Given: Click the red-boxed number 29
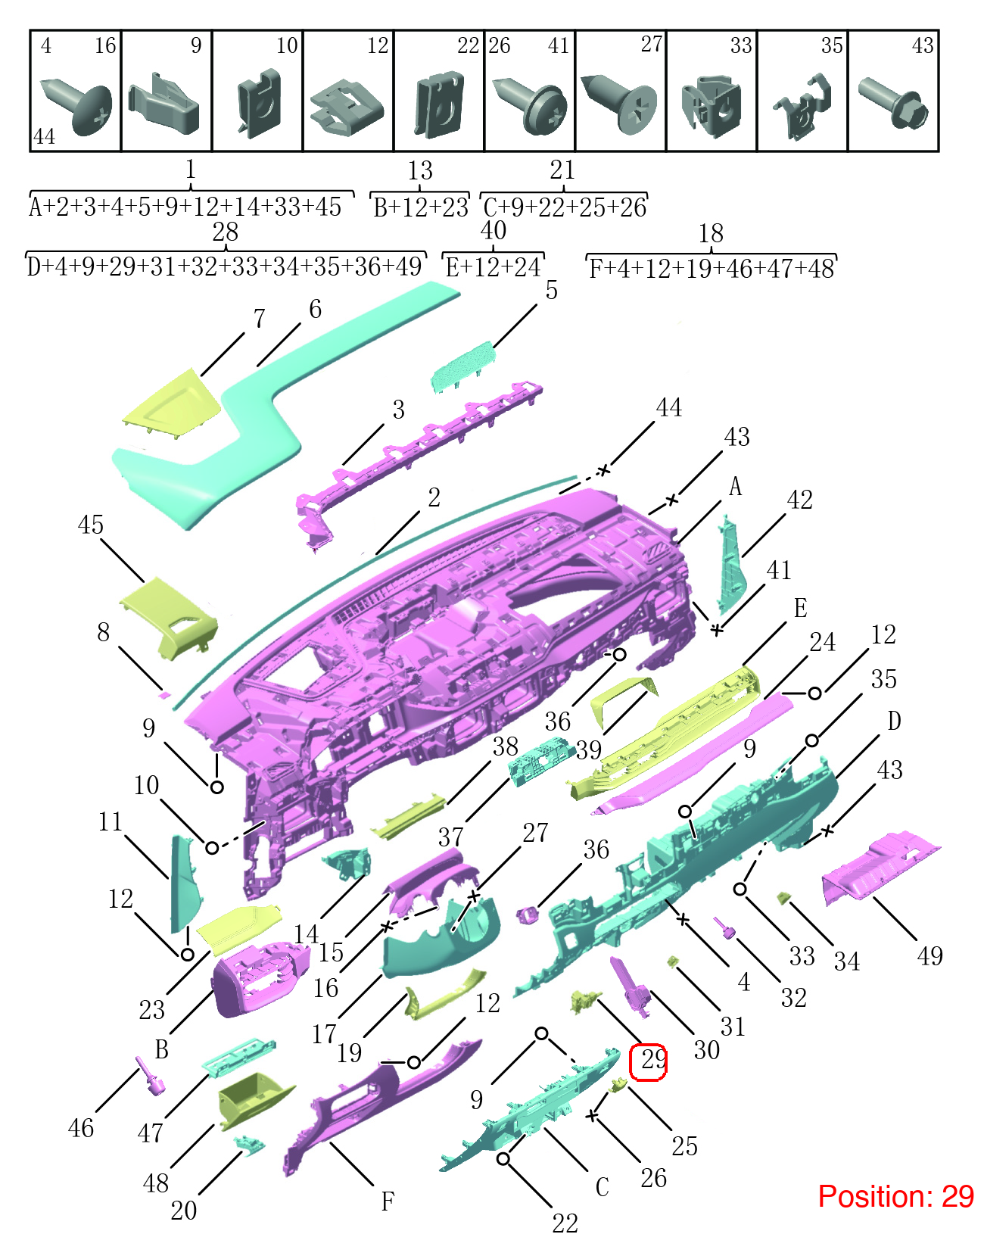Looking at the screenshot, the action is pyautogui.click(x=652, y=1060).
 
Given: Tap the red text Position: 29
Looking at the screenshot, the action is pyautogui.click(x=895, y=1196).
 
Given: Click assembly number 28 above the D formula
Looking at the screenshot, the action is pyautogui.click(x=226, y=232).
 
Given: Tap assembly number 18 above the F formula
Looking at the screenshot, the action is pyautogui.click(x=711, y=233).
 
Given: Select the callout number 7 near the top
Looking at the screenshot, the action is pyautogui.click(x=259, y=318).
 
